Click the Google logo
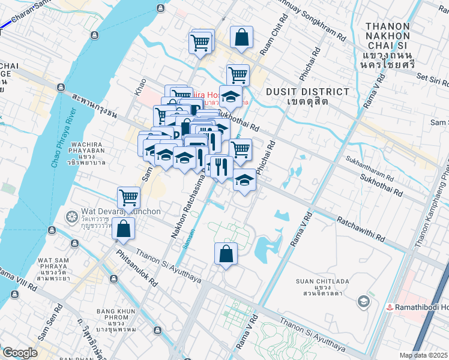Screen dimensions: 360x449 tap(20, 353)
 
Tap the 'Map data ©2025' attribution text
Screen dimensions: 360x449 tap(423, 355)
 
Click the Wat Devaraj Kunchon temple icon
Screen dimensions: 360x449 tap(72, 215)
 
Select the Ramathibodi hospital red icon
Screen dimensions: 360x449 tap(390, 307)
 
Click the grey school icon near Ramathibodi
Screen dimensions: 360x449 tap(363, 301)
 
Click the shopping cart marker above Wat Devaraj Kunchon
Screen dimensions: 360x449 tap(129, 197)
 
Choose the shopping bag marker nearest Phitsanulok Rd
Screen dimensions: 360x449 tap(123, 229)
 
